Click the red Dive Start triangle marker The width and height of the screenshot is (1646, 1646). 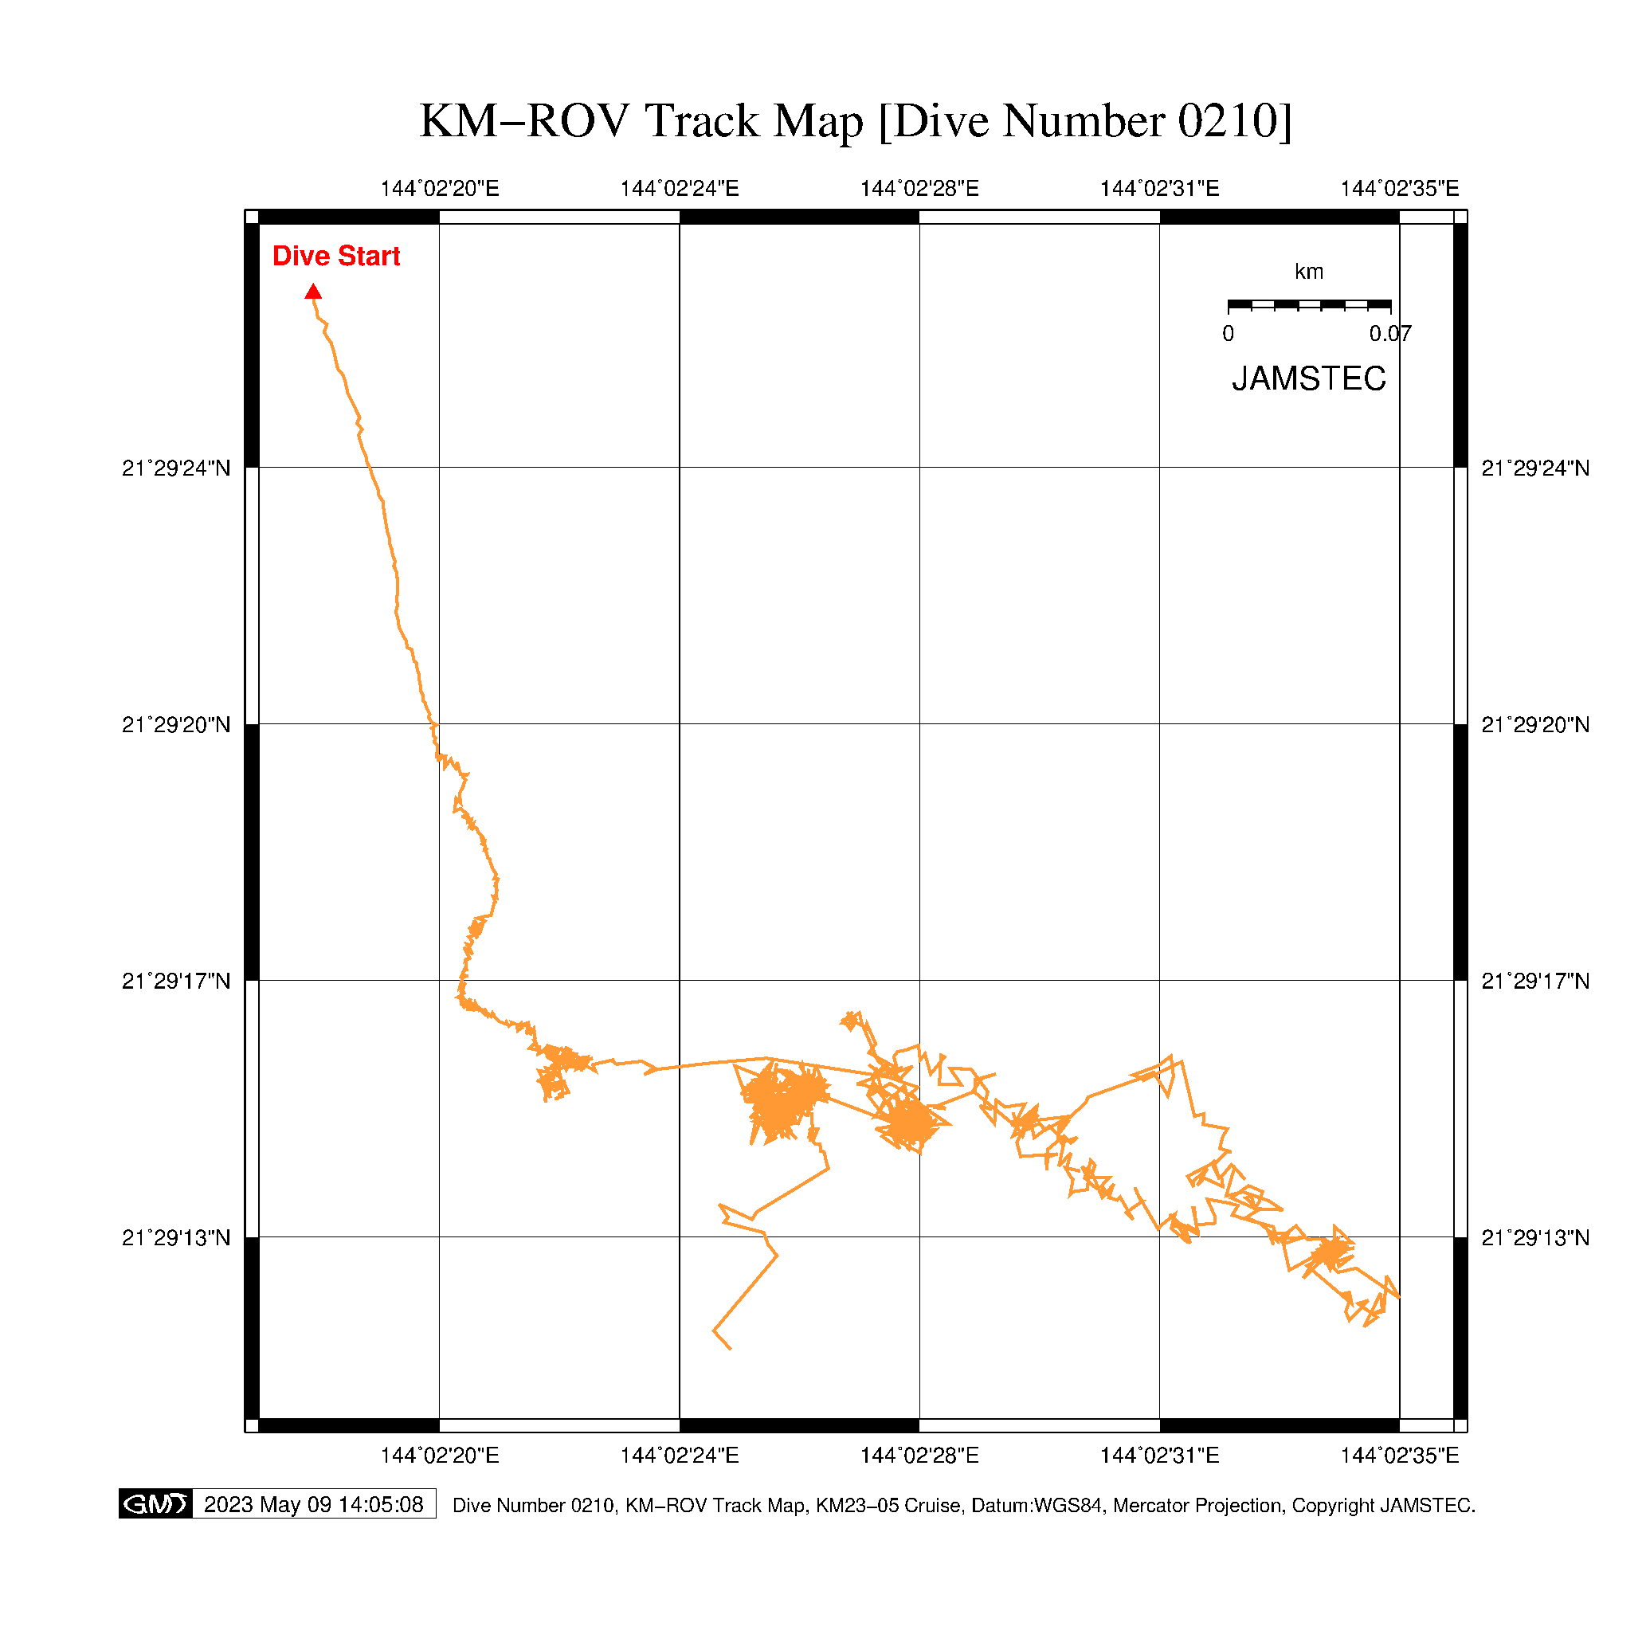pos(314,292)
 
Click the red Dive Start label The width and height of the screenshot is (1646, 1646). pos(335,257)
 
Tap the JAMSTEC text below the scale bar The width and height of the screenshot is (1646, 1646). pos(1309,379)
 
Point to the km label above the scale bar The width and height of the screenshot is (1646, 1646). pos(1309,272)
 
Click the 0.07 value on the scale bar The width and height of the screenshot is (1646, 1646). pos(1389,334)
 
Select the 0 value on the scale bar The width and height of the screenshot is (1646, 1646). pos(1228,334)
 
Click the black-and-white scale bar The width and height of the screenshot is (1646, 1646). pos(1309,305)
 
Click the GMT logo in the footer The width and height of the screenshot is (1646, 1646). pos(155,1503)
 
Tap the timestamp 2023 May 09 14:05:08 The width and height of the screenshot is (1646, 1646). pos(314,1504)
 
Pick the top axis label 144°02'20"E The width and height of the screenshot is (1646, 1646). pos(440,189)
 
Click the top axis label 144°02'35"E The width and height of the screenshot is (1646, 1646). pos(1399,189)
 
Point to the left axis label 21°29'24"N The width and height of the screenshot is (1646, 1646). pos(176,468)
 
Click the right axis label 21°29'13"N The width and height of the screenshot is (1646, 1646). pos(1535,1238)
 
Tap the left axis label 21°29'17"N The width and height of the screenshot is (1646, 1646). pos(176,982)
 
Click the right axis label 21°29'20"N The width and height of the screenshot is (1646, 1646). pos(1535,725)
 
